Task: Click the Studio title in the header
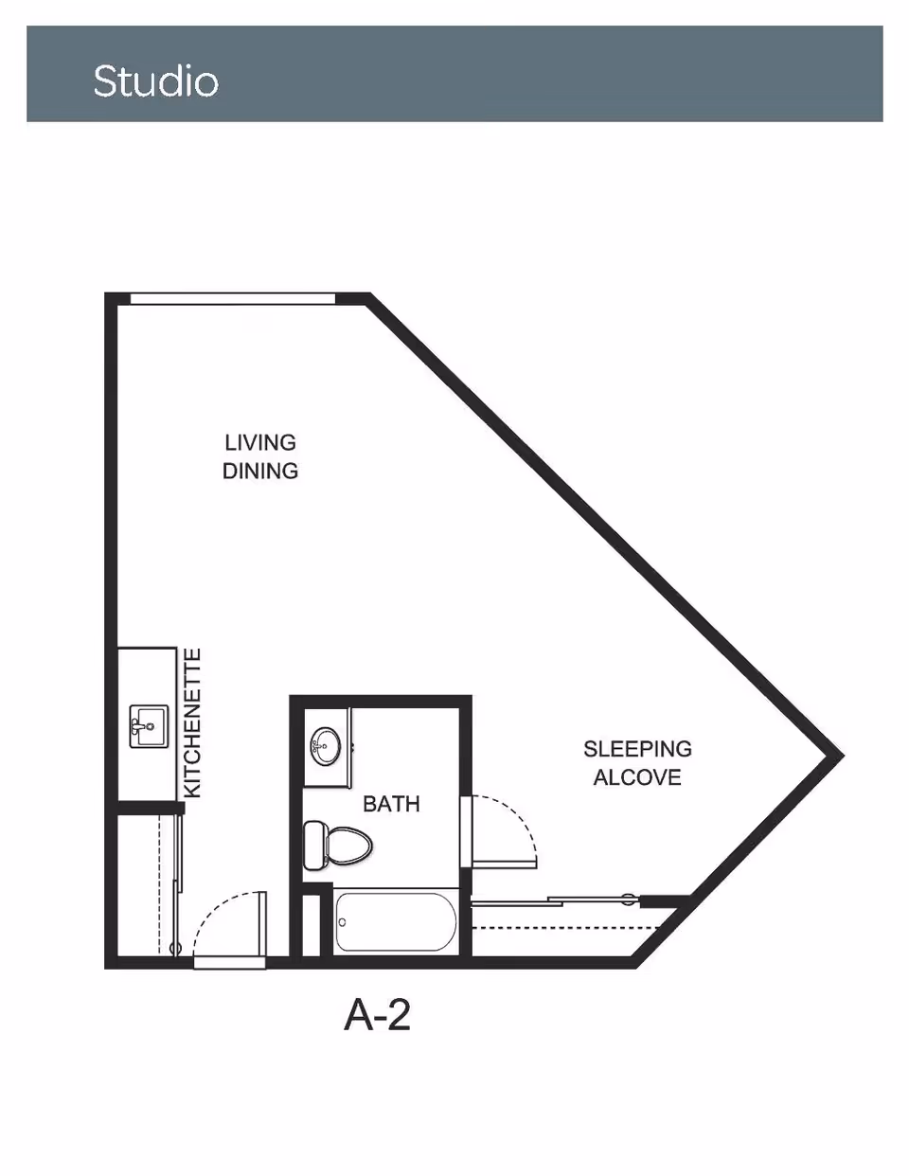156,81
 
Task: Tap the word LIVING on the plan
260,443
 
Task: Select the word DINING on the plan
260,471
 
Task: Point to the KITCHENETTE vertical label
192,723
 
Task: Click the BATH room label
391,804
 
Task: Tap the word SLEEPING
637,749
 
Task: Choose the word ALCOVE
637,777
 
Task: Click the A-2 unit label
378,1015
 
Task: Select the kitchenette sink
149,726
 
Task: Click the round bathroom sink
325,746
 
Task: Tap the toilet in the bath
338,846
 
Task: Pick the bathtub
396,922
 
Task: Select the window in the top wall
233,299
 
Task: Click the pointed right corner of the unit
843,755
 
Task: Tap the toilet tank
313,846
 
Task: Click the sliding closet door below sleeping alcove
556,901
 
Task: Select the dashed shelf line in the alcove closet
566,928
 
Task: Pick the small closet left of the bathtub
311,925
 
